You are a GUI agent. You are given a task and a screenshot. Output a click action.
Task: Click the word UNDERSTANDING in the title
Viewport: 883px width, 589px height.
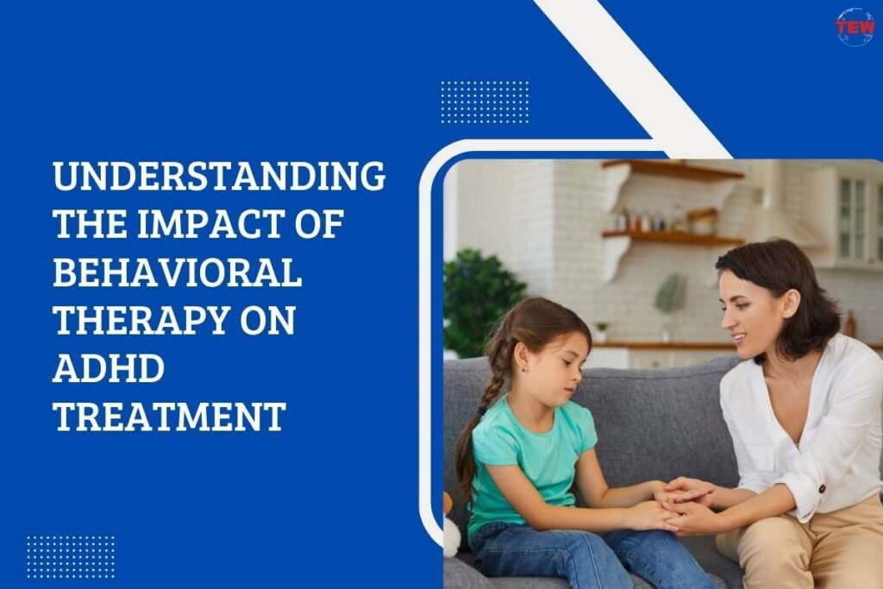pyautogui.click(x=218, y=177)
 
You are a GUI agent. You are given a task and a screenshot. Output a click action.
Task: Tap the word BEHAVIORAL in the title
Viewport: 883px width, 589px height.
pyautogui.click(x=177, y=273)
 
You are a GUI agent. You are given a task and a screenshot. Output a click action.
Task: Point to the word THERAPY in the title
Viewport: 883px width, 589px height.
pyautogui.click(x=139, y=322)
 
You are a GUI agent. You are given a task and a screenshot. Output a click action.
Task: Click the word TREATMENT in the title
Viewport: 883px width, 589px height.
pyautogui.click(x=169, y=418)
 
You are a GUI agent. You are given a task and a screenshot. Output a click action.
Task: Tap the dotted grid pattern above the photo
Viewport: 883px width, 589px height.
pyautogui.click(x=485, y=102)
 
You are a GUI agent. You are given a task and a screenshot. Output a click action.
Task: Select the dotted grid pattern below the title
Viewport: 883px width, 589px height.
pyautogui.click(x=70, y=557)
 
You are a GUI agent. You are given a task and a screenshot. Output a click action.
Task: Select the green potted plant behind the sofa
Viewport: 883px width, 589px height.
pyautogui.click(x=483, y=298)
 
